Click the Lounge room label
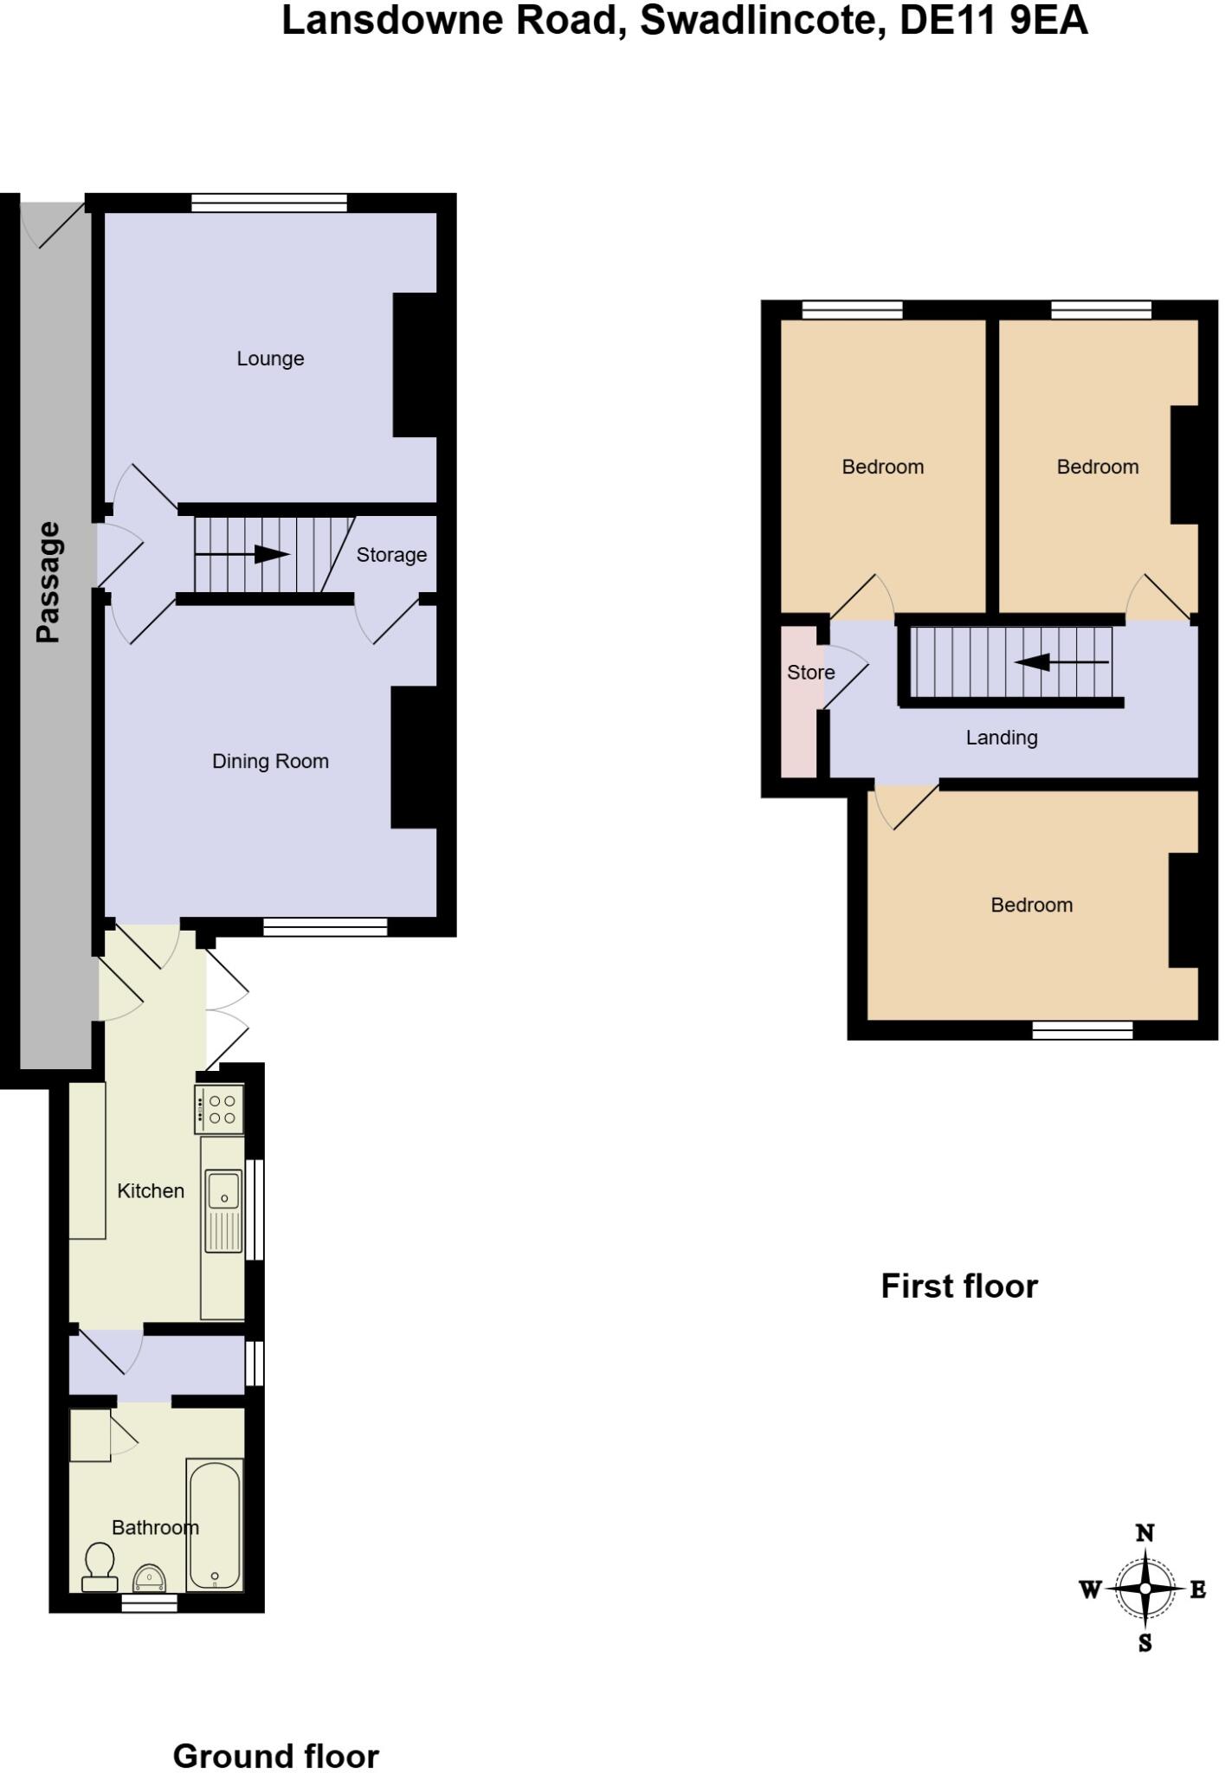coord(270,358)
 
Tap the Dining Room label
coord(270,761)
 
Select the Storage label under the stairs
coord(391,555)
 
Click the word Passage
coord(48,582)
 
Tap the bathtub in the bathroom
coord(215,1525)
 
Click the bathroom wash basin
coord(152,1577)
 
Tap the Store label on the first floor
coord(810,673)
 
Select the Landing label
coord(1001,738)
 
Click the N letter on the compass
coord(1144,1533)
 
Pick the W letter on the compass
coord(1090,1589)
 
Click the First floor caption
coord(959,1286)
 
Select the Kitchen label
coord(151,1191)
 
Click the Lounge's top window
coord(268,203)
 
